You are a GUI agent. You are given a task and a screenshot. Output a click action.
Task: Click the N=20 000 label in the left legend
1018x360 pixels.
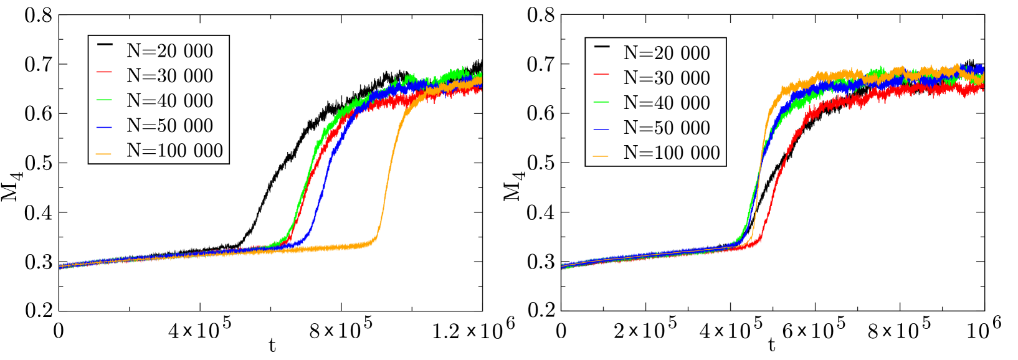click(x=169, y=51)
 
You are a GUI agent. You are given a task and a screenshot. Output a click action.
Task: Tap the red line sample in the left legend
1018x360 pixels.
click(x=105, y=73)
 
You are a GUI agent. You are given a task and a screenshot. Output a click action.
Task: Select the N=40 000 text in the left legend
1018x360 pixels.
click(x=169, y=101)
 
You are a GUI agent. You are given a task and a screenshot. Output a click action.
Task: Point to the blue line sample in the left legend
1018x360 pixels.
click(x=105, y=128)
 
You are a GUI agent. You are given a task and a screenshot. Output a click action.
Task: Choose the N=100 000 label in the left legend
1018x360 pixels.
click(x=174, y=151)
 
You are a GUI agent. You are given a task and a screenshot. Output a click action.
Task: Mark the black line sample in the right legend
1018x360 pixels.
click(x=602, y=46)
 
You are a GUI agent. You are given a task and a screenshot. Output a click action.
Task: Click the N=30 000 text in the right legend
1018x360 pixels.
click(x=667, y=78)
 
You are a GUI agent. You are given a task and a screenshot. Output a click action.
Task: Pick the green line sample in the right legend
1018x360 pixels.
click(x=602, y=101)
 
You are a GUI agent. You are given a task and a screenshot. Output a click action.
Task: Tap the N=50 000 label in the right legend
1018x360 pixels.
click(x=667, y=128)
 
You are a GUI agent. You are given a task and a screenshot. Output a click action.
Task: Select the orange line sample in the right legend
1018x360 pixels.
click(x=602, y=156)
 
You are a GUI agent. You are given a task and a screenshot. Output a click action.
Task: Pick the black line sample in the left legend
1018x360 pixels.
click(x=105, y=44)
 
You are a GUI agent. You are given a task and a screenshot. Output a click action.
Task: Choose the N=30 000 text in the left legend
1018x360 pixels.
click(x=169, y=76)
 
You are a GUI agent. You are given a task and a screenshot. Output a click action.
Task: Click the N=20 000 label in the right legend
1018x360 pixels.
click(x=667, y=54)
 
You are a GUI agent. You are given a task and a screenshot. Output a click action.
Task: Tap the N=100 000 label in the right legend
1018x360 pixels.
click(x=672, y=153)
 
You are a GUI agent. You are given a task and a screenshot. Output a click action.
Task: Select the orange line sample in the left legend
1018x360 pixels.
click(x=105, y=154)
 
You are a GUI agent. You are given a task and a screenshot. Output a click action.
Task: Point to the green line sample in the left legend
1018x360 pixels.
click(x=105, y=100)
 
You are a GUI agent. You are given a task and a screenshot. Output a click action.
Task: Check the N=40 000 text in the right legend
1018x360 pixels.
click(x=667, y=103)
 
